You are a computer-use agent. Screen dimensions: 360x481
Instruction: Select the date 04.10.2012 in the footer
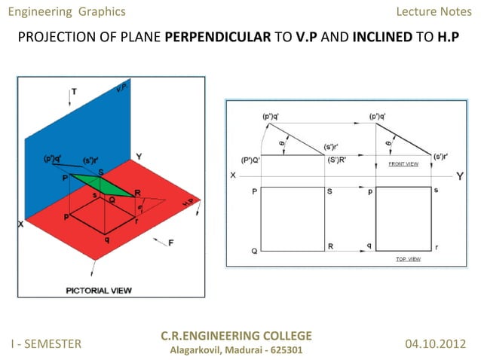pos(437,343)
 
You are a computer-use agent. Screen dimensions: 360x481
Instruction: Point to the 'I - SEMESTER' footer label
pos(46,343)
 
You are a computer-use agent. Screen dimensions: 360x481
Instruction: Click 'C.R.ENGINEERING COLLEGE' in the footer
pos(236,336)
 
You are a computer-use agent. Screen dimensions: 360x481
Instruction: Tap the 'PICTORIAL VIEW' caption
pos(96,288)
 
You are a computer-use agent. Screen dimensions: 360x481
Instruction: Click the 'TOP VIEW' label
pos(408,258)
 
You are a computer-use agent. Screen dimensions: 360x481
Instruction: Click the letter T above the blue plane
pos(74,92)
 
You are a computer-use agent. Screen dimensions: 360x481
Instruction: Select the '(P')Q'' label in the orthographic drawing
pos(251,160)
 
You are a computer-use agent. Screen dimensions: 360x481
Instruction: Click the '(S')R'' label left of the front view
pos(338,160)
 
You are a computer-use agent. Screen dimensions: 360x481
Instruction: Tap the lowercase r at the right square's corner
pos(437,246)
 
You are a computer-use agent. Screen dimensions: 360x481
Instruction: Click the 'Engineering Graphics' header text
pos(66,11)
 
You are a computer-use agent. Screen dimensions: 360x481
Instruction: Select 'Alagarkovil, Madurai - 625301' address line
pos(236,350)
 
